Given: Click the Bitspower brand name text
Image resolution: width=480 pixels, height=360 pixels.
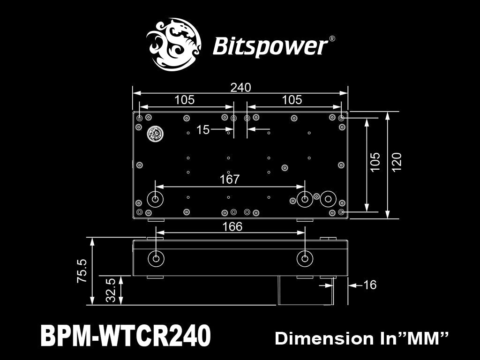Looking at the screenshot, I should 270,46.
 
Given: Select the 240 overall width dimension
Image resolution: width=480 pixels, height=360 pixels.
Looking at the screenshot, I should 241,88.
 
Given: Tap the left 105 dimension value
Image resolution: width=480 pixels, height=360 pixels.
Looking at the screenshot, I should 184,100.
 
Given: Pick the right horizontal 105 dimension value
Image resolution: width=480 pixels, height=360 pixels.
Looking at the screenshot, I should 292,100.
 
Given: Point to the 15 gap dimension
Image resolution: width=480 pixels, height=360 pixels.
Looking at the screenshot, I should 203,130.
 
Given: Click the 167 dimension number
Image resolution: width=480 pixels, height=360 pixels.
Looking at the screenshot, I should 230,179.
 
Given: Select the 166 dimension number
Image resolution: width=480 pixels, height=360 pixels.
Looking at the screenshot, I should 232,227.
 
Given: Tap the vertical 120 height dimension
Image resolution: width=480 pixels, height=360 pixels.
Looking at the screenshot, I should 397,162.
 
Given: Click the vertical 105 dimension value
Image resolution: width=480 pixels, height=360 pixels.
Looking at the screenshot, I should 375,162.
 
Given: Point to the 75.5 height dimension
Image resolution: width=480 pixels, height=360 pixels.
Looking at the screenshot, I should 82,270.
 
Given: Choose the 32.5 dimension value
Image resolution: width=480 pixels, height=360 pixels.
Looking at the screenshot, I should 111,291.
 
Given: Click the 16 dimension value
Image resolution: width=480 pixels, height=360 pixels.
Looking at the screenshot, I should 370,285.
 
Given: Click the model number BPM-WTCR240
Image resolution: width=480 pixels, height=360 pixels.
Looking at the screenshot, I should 126,336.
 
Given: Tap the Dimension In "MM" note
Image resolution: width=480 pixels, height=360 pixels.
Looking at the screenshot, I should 362,338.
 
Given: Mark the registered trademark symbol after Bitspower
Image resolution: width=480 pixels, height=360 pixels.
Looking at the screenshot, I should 332,39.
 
